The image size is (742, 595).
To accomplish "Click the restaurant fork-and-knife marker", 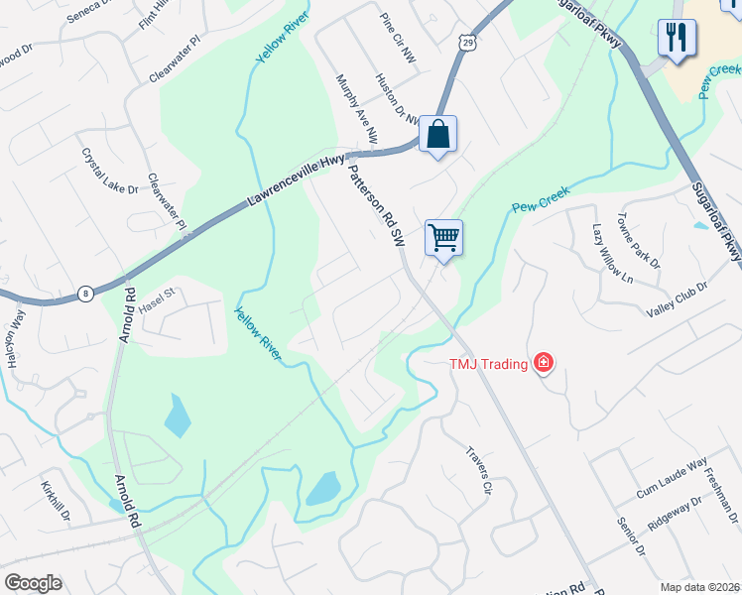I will coord(677,39).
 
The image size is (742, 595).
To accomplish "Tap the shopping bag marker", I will coord(437,133).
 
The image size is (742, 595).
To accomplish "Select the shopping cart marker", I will coord(443,238).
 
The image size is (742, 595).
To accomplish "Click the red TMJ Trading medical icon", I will coord(543,364).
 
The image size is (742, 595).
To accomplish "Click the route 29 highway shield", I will coord(467,41).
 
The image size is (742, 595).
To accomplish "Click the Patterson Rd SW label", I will coord(375,205).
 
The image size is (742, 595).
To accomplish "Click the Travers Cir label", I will coord(479,470).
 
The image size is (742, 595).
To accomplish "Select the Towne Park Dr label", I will coord(638,240).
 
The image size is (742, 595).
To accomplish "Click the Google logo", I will coord(33,583).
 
